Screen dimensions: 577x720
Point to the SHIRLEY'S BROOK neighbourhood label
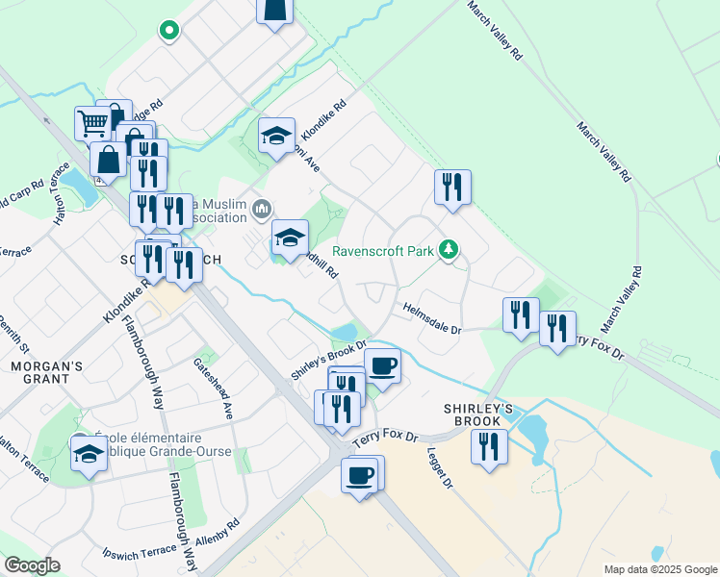coord(473,414)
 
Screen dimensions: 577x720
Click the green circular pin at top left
coord(169,30)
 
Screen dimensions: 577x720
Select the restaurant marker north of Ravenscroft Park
coord(452,186)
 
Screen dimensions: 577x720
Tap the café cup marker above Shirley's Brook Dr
coord(382,366)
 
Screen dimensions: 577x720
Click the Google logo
coord(31,565)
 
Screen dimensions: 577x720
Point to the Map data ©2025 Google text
coord(659,569)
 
